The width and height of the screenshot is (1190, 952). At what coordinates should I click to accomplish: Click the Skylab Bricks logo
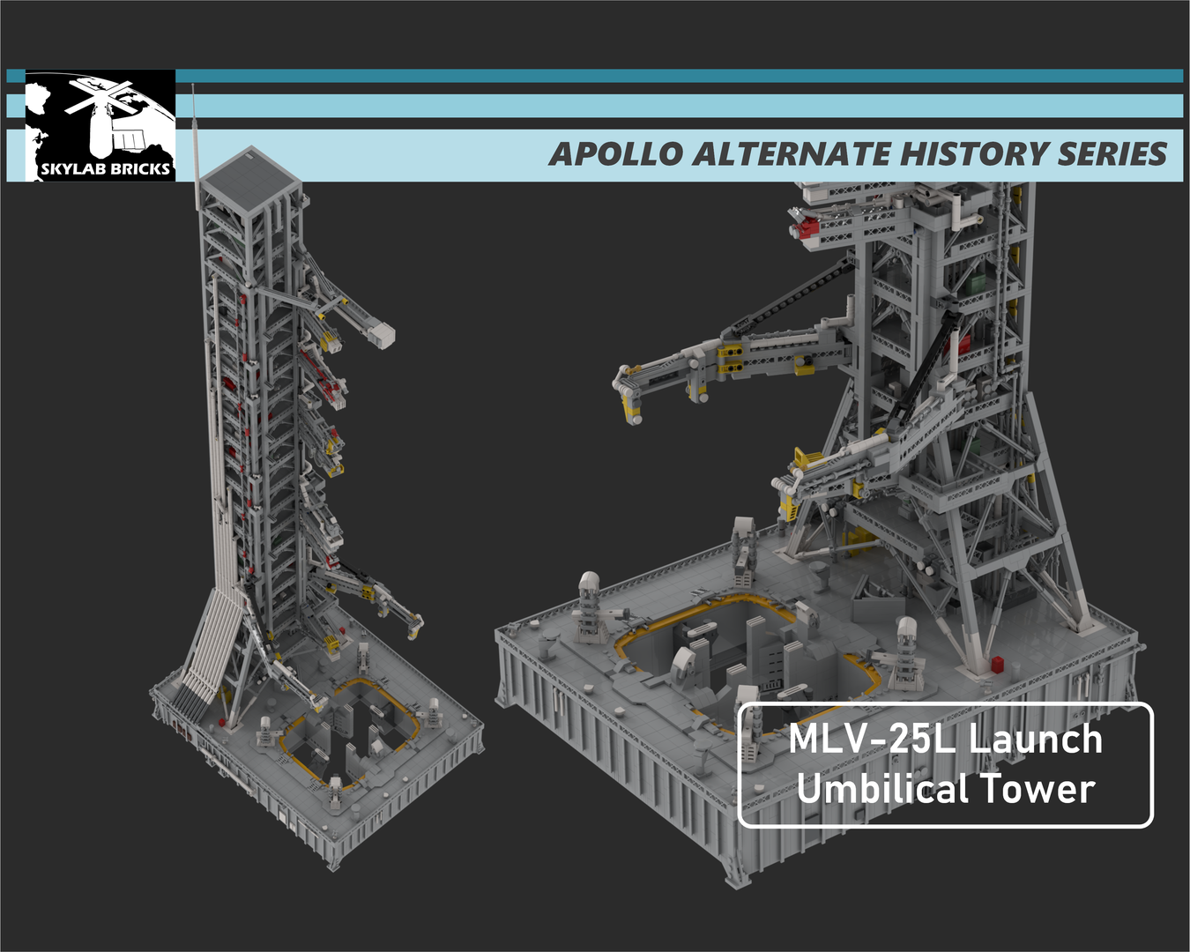click(x=100, y=125)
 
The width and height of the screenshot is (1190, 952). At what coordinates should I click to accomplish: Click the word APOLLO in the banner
click(x=616, y=154)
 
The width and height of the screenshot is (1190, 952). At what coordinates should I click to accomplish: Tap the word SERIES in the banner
click(x=1112, y=154)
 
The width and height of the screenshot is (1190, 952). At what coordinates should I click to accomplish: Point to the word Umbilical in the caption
click(x=881, y=788)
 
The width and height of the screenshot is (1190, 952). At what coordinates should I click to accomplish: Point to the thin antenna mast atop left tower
click(x=194, y=141)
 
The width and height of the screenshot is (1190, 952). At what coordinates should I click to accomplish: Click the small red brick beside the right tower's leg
click(x=997, y=664)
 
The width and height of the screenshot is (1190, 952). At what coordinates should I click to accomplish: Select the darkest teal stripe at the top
click(x=679, y=76)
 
